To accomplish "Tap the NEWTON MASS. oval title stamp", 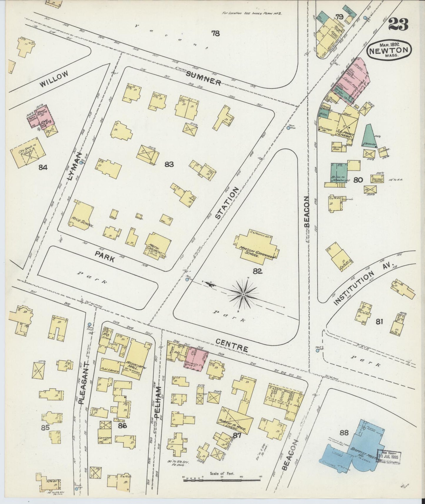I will coord(389,51).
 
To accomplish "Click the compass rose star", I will coord(244,294).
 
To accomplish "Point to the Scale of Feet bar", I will coord(222,480).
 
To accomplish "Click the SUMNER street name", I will coord(203,78).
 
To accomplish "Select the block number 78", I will coord(215,34).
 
